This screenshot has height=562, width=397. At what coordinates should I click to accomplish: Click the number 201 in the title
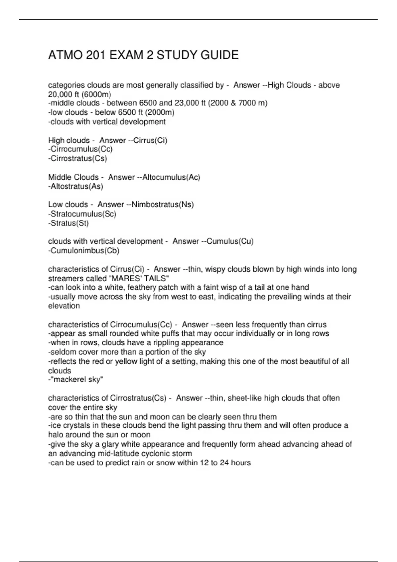coord(96,55)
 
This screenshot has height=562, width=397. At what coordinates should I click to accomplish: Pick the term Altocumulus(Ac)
coord(171,177)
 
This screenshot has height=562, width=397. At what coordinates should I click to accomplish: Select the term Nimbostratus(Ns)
coord(162,205)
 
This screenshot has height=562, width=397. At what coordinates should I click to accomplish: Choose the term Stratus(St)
coord(69,223)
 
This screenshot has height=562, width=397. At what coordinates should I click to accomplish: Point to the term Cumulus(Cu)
coord(230,241)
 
